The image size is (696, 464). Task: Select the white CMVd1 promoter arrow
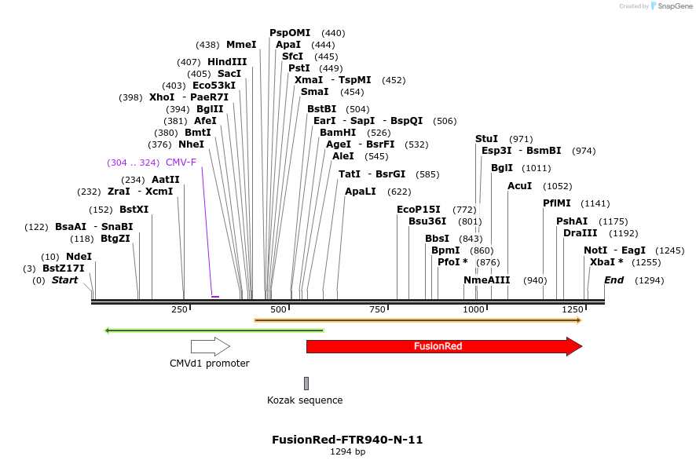coord(210,346)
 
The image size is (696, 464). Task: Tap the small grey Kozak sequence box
coord(306,383)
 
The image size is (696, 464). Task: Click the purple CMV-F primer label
coord(181,163)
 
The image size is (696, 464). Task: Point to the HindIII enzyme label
coord(227,61)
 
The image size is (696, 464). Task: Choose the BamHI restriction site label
coord(338,133)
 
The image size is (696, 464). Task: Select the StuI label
coord(486,139)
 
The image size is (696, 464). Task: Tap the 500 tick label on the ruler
coord(278,309)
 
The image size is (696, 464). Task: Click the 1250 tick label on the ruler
coord(571,309)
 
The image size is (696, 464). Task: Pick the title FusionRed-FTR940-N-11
coord(347,440)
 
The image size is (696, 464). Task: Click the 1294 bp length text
coord(347,452)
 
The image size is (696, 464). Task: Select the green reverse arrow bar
coord(214,331)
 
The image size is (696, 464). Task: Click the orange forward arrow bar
coord(417,320)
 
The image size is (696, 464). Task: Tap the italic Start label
coord(64,280)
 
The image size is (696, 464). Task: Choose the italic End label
coord(614,280)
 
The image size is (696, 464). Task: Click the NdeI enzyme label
coord(79,257)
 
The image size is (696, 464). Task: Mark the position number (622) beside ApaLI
coord(399,192)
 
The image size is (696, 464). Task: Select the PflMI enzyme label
coord(556,203)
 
